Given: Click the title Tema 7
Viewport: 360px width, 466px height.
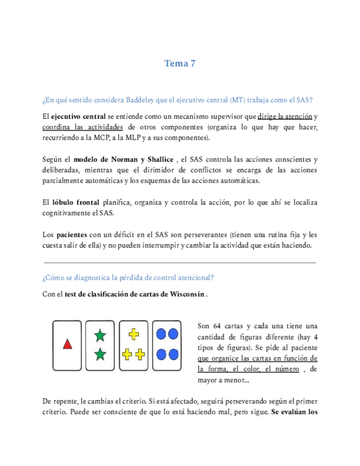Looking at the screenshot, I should [180, 64].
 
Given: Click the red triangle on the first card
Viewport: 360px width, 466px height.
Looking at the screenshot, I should [68, 345].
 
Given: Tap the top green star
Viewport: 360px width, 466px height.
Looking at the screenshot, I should [100, 334].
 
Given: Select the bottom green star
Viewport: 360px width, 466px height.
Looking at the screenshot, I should [100, 354].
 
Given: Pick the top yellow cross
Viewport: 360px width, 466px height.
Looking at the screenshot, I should [134, 334].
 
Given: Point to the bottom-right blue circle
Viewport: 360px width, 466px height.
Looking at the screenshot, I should [174, 354].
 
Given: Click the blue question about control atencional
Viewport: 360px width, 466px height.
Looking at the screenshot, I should [128, 278].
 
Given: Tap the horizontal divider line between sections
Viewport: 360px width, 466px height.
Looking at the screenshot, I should [180, 263].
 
